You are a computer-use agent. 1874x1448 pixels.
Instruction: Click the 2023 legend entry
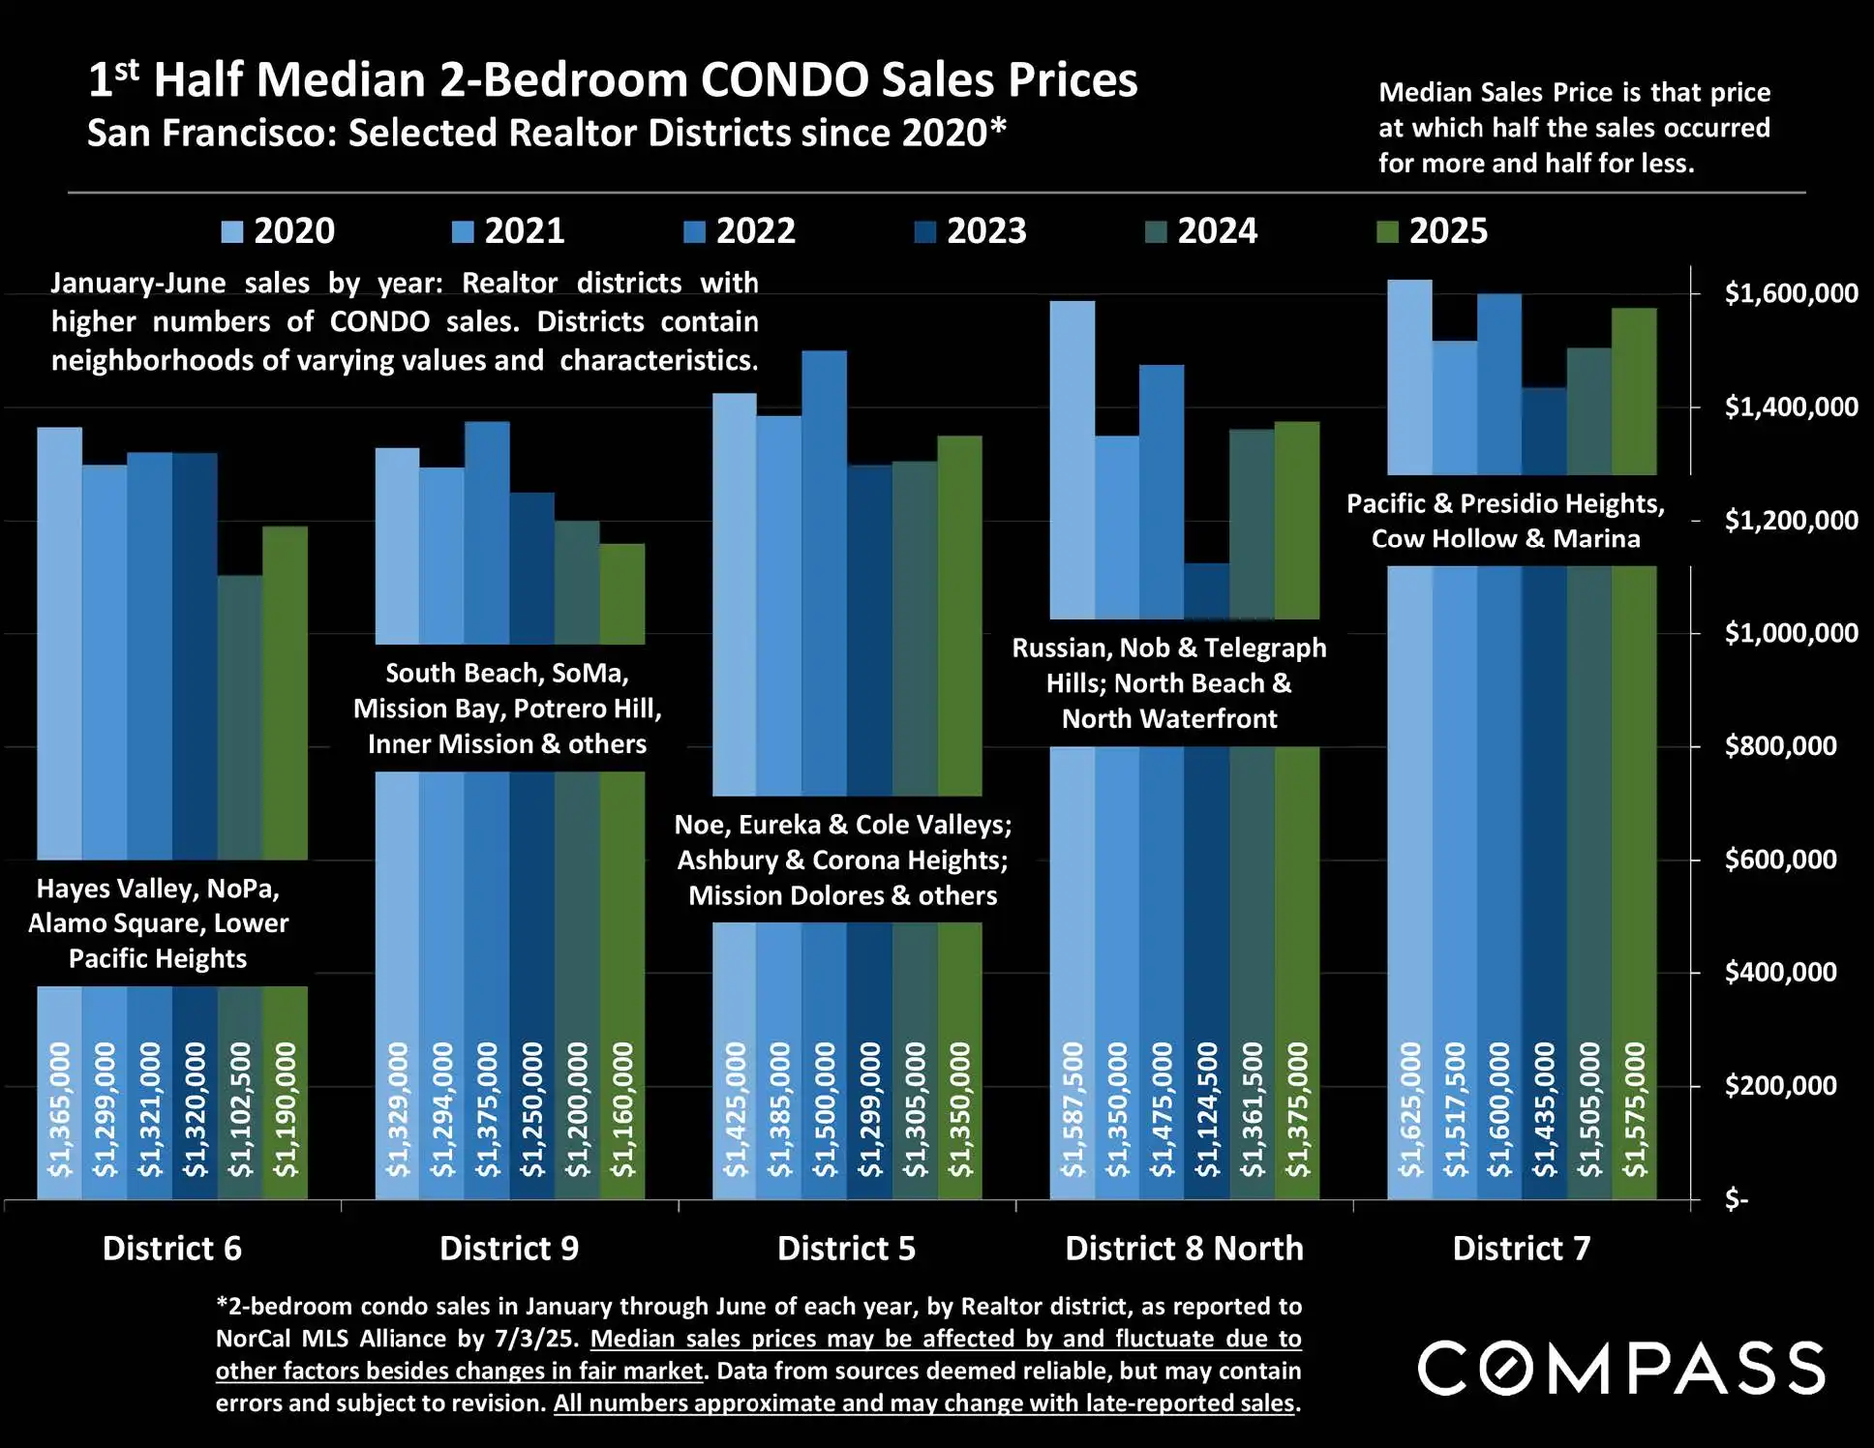[x=971, y=231]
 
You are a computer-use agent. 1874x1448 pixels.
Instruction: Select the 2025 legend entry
[x=1433, y=231]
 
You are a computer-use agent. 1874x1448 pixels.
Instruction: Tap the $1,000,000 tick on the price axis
[x=1791, y=633]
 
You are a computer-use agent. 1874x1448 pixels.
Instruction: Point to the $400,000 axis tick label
[x=1780, y=972]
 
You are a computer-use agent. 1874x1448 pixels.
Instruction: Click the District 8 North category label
[x=1184, y=1248]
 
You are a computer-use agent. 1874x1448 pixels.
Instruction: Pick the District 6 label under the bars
[x=172, y=1248]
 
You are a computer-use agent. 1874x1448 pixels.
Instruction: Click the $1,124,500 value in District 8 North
[x=1207, y=1109]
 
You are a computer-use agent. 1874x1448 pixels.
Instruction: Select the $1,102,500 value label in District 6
[x=240, y=1109]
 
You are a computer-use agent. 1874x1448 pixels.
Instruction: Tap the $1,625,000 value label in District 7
[x=1410, y=1109]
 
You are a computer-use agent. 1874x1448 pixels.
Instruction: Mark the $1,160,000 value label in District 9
[x=622, y=1109]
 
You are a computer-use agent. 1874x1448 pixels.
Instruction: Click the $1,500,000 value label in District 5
[x=825, y=1109]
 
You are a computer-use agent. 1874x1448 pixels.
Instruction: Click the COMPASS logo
[x=1621, y=1368]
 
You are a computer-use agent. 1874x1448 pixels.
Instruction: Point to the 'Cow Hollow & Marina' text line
[x=1505, y=538]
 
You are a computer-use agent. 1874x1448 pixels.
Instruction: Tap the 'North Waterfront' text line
[x=1169, y=718]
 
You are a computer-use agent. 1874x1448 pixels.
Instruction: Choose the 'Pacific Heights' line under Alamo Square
[x=158, y=958]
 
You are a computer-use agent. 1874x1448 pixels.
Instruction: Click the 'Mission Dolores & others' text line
[x=842, y=895]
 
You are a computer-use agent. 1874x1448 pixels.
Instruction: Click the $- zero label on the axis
[x=1737, y=1200]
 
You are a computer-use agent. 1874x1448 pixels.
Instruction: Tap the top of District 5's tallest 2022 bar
[x=825, y=352]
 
